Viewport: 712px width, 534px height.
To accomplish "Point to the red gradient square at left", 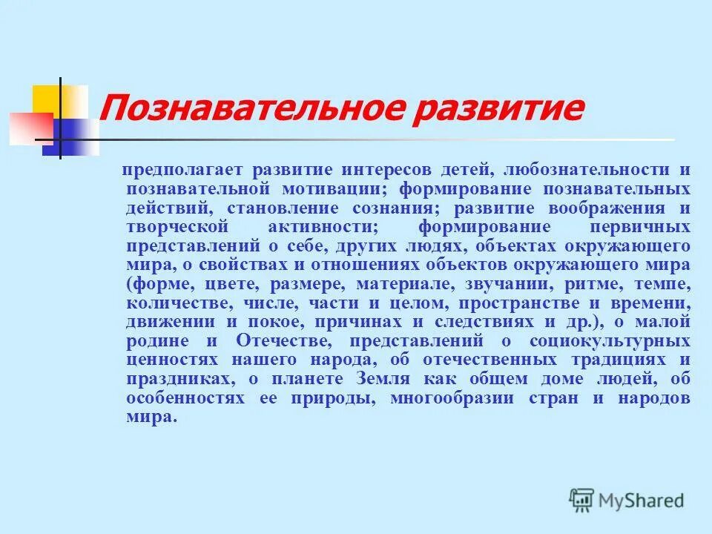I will [x=30, y=128].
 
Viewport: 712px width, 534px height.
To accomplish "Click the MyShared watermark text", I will [x=642, y=501].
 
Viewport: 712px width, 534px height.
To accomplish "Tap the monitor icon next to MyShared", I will [x=582, y=499].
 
